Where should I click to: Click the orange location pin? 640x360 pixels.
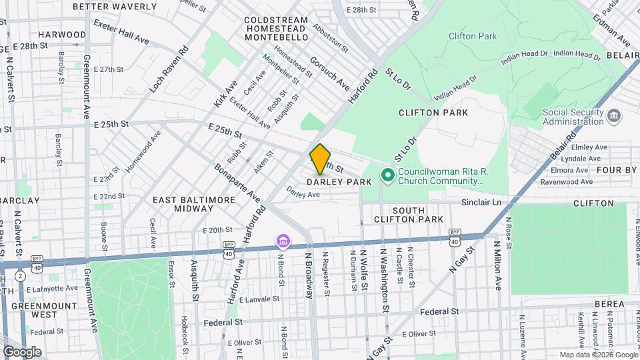(x=320, y=159)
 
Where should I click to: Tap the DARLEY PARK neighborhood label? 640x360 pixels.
(x=339, y=182)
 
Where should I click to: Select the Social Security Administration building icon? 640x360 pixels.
(x=614, y=117)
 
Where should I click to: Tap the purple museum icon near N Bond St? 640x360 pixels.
(x=283, y=240)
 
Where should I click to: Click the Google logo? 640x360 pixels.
(x=21, y=351)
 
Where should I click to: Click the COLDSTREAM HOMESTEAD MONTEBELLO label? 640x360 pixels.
(x=276, y=30)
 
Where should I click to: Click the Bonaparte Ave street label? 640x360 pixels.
(x=237, y=181)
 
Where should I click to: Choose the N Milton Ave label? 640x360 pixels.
(x=497, y=266)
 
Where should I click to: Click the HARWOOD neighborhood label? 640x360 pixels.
(x=62, y=35)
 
